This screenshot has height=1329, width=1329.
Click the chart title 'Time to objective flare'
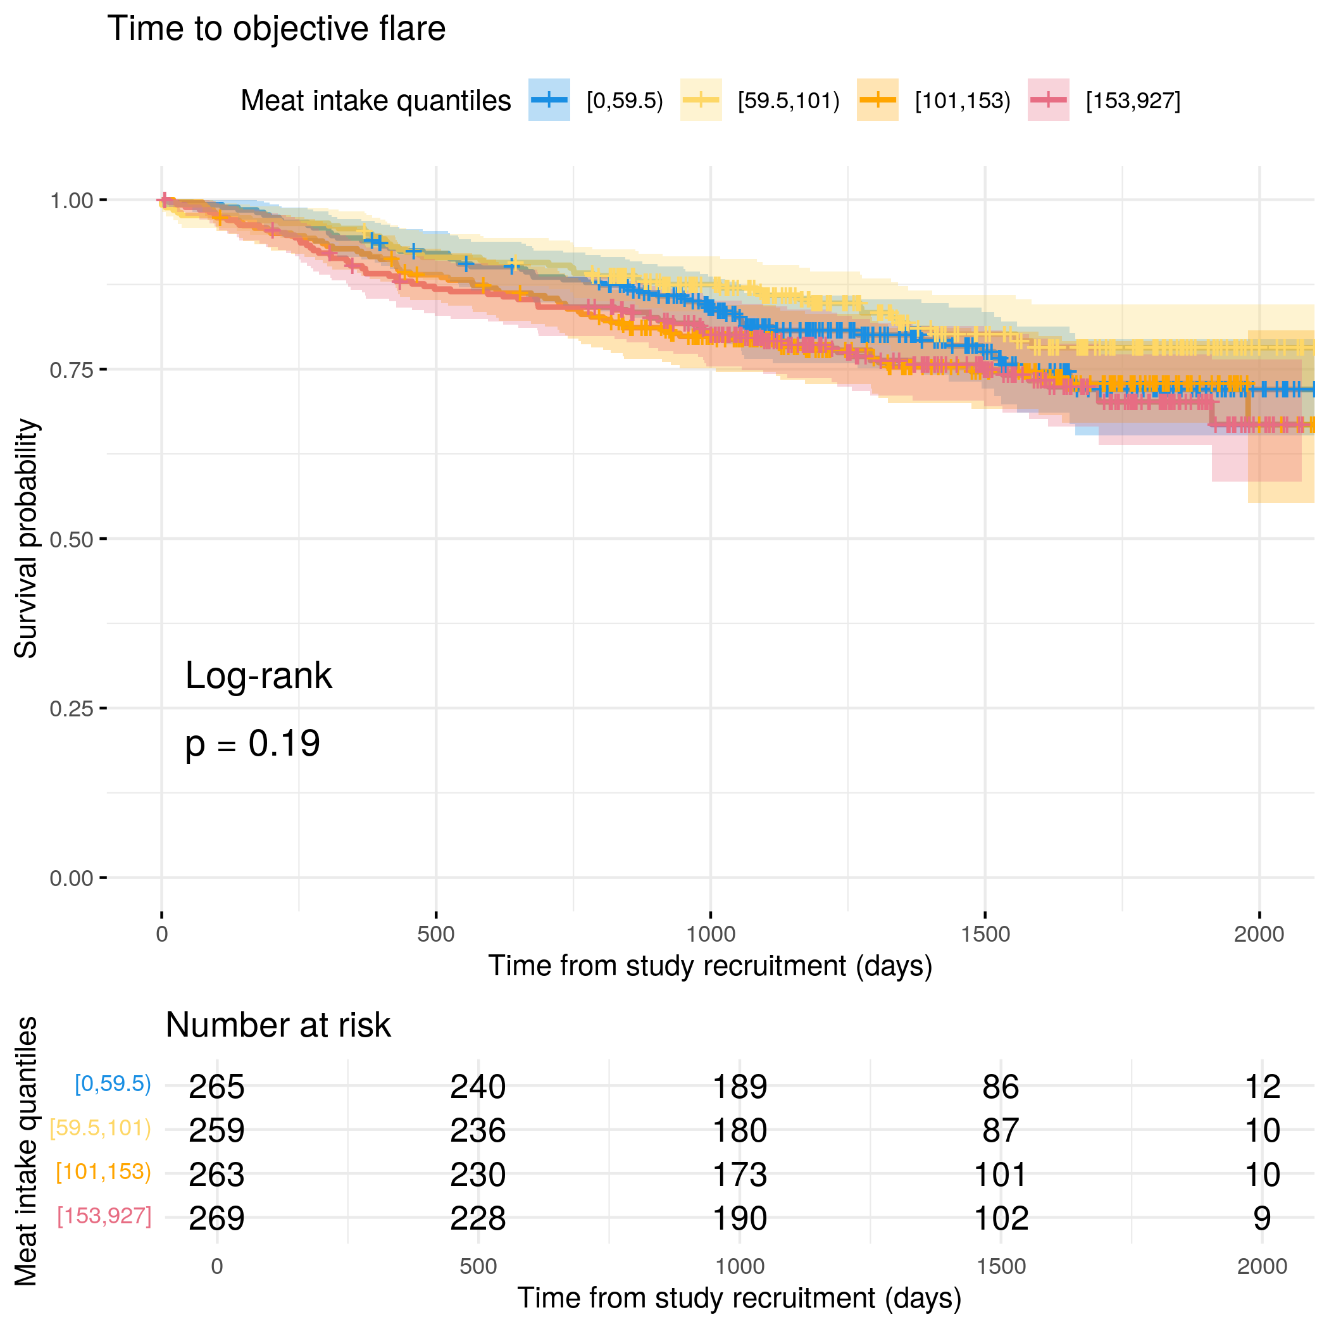coord(276,29)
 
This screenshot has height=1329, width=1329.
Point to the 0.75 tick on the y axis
coord(103,370)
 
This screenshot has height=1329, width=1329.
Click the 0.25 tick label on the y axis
coord(71,709)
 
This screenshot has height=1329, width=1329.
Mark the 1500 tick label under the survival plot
coord(985,934)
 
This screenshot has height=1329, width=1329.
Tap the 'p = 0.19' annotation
coord(253,744)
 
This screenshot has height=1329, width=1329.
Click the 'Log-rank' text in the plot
coord(258,675)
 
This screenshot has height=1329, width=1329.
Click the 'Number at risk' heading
coord(278,1025)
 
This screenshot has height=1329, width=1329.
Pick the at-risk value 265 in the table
coord(216,1087)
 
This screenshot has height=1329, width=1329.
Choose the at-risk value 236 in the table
coord(478,1131)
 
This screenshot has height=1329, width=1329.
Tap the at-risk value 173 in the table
coord(739,1175)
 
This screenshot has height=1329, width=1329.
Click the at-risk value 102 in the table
coord(1001,1219)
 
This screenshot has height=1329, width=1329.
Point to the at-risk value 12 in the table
coord(1263,1087)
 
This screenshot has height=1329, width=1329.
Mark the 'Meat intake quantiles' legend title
coord(375,101)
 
